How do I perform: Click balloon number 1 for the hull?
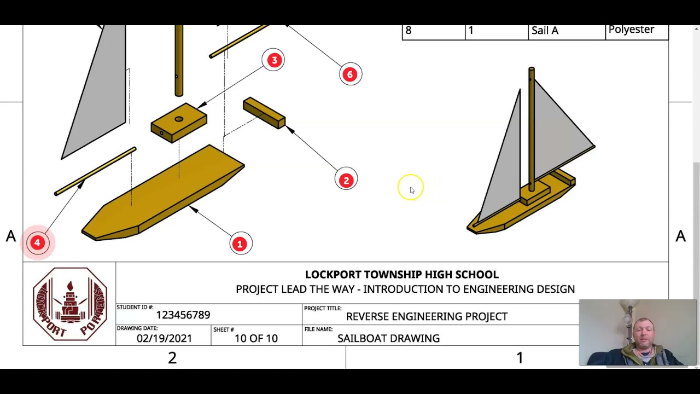click(240, 244)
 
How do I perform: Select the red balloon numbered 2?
click(346, 180)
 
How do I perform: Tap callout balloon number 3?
click(273, 60)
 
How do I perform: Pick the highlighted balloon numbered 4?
click(37, 242)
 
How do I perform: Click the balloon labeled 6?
click(350, 74)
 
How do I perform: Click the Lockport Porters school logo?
click(69, 304)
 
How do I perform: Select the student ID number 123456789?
click(183, 315)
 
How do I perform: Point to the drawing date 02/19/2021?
click(164, 338)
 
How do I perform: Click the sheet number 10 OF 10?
click(256, 338)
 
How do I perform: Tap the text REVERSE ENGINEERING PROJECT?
click(427, 316)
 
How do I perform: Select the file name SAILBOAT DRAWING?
click(388, 338)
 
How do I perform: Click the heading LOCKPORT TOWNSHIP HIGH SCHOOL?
click(401, 275)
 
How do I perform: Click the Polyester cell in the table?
click(631, 30)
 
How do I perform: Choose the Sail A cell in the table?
click(545, 31)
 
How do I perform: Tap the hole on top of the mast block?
click(179, 119)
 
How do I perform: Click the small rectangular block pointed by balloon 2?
click(264, 113)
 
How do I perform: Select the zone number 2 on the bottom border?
click(172, 358)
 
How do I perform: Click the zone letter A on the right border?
click(680, 236)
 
